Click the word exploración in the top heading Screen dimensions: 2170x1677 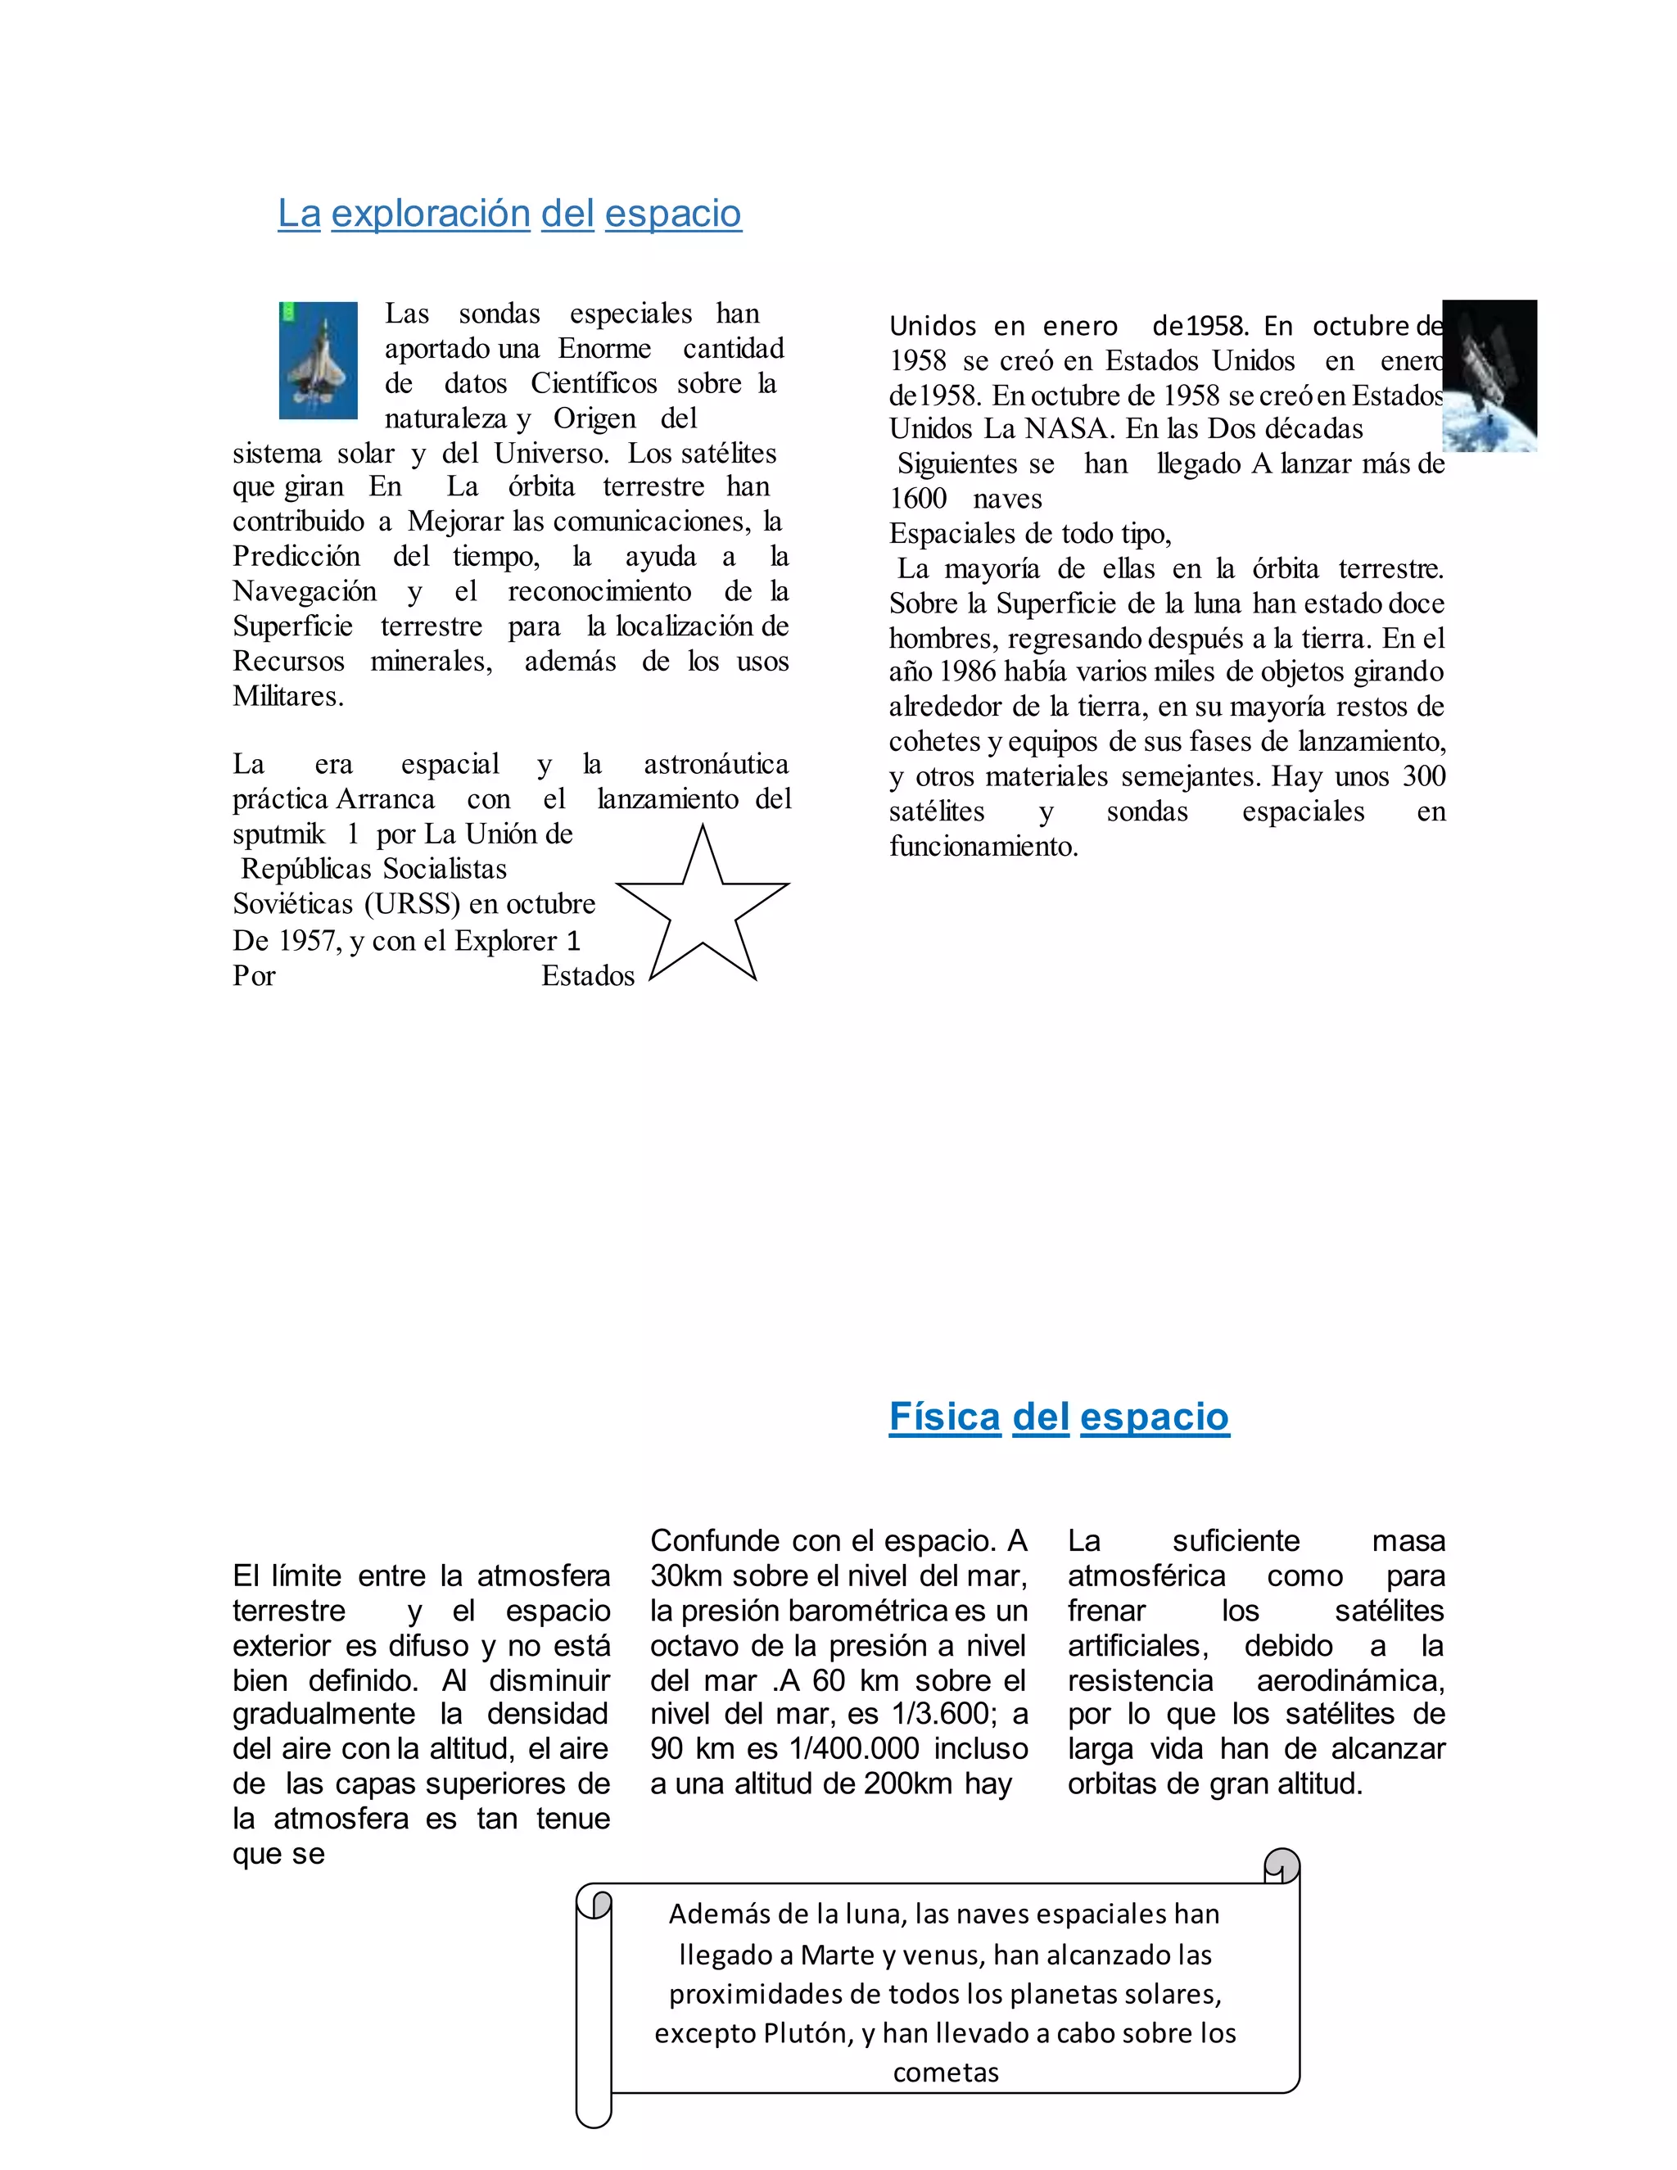point(430,214)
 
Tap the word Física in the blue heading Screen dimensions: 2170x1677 point(944,1417)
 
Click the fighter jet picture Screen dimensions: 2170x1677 point(318,359)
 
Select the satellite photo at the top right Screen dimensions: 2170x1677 point(1489,376)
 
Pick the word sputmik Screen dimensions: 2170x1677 point(278,834)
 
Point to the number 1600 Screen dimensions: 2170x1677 point(918,499)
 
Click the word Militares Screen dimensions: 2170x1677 point(287,697)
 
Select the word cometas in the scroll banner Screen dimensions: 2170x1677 point(946,2073)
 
